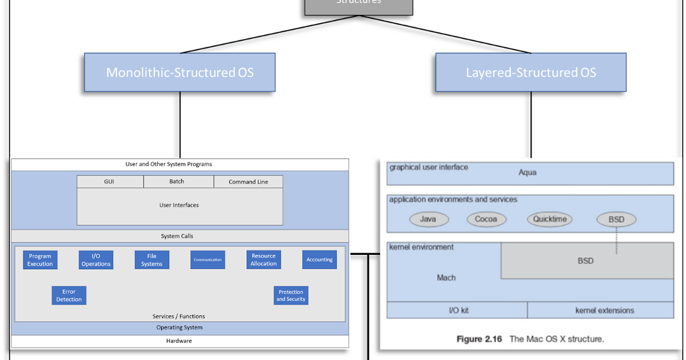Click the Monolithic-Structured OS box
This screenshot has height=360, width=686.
pos(180,73)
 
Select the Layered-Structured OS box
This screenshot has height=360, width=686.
pos(531,73)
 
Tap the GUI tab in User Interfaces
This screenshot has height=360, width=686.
pos(110,182)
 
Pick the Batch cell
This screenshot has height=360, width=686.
pos(177,182)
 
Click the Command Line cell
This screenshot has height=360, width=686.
pos(248,182)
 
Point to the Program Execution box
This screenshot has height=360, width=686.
pos(40,260)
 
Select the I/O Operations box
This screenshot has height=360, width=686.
pos(96,260)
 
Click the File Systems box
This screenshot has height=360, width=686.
pos(152,260)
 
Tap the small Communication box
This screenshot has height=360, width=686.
pos(208,260)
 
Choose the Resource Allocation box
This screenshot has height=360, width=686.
pos(264,260)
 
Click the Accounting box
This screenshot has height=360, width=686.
pos(320,260)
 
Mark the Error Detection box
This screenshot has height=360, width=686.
pos(69,295)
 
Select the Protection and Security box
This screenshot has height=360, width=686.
pos(291,295)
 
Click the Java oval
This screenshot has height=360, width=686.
pos(429,219)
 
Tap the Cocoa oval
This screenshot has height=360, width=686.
pos(486,219)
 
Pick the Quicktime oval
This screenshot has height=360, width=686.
pos(549,219)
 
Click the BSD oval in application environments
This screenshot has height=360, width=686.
pos(616,219)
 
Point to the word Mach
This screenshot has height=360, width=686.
pos(446,278)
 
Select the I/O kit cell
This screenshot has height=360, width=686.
pos(458,310)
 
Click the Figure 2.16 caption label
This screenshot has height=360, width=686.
pos(479,339)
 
